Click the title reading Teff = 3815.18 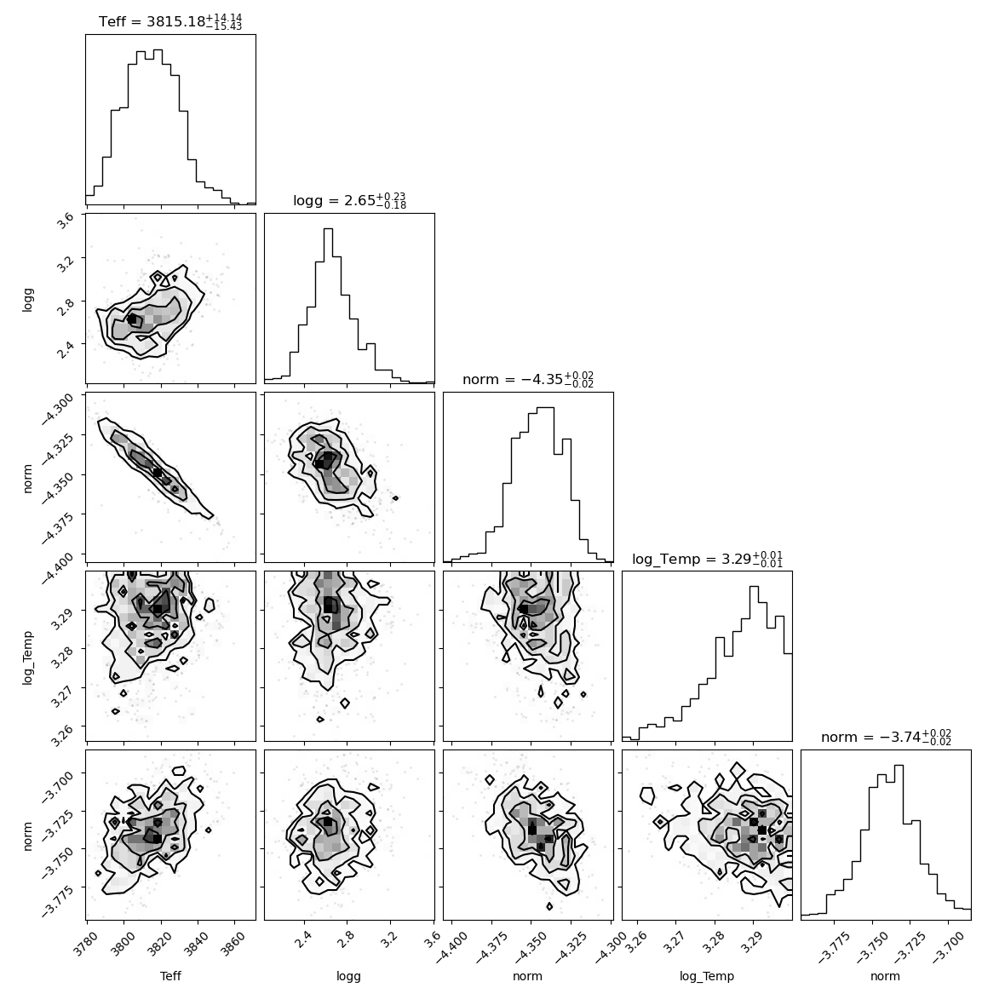pyautogui.click(x=170, y=21)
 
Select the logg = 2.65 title pyautogui.click(x=349, y=201)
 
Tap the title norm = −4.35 pyautogui.click(x=528, y=380)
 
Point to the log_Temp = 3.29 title pyautogui.click(x=707, y=559)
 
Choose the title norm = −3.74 pyautogui.click(x=886, y=737)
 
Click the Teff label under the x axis pyautogui.click(x=170, y=976)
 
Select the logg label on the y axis pyautogui.click(x=27, y=299)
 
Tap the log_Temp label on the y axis pyautogui.click(x=27, y=657)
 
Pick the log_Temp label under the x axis pyautogui.click(x=707, y=977)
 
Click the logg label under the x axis pyautogui.click(x=348, y=977)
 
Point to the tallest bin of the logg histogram pyautogui.click(x=328, y=305)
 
